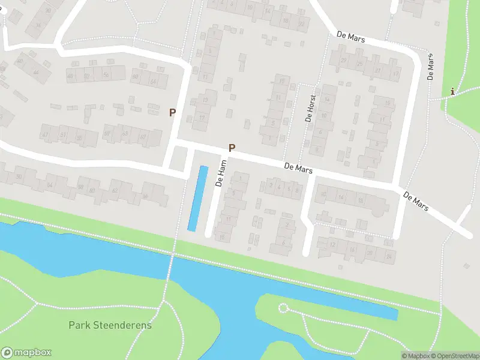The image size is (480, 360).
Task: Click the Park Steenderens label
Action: tap(110, 325)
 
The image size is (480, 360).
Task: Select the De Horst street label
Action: tap(310, 109)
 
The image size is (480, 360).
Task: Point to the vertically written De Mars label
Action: tap(430, 67)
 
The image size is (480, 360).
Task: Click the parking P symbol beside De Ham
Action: tap(232, 148)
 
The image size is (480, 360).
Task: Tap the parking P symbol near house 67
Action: tap(173, 112)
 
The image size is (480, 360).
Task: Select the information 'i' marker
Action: tap(452, 91)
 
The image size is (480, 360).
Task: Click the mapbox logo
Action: tap(26, 353)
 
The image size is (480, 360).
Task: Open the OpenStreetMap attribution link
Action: tap(455, 356)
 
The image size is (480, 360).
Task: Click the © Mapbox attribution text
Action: tap(416, 356)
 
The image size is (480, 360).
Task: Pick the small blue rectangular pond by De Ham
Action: tap(197, 198)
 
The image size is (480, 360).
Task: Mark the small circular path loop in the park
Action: tap(283, 308)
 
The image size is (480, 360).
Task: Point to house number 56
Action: tap(106, 76)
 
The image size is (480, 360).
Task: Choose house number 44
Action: tap(36, 72)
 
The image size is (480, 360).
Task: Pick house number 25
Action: tap(359, 64)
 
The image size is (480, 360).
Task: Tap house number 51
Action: tap(63, 136)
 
